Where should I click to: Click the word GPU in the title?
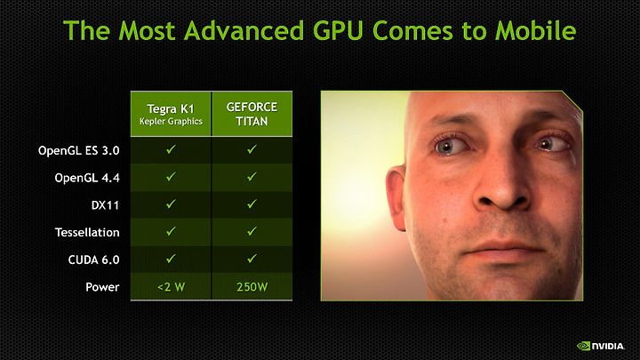click(x=338, y=30)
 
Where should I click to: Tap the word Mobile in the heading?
click(x=535, y=30)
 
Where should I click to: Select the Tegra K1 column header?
click(x=171, y=114)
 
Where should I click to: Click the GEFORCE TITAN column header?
click(x=252, y=114)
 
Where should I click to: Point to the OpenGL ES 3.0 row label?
click(x=79, y=150)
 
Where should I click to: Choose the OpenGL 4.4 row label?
click(x=87, y=178)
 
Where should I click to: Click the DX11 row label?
click(x=105, y=205)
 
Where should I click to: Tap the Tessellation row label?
click(x=87, y=232)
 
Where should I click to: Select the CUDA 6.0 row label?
click(x=93, y=260)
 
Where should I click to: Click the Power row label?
click(x=102, y=287)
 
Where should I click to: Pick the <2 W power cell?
click(x=171, y=287)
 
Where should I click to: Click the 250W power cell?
click(x=252, y=287)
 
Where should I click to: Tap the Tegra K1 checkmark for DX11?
click(x=171, y=204)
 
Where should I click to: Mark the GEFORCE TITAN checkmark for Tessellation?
click(x=252, y=231)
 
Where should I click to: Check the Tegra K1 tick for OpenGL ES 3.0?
click(x=171, y=149)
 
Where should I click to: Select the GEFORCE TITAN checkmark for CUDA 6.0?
click(x=252, y=259)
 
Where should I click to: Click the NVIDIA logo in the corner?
click(x=600, y=346)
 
